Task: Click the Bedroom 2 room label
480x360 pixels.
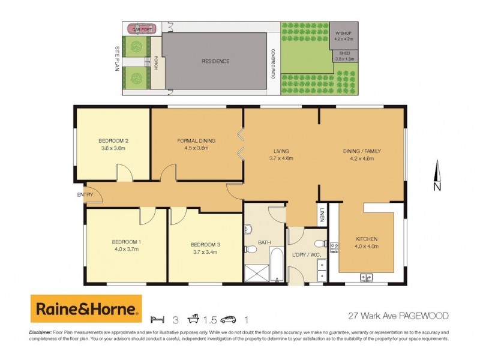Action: (114, 141)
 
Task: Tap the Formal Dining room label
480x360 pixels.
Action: (196, 141)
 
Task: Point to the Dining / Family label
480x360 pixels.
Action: (361, 151)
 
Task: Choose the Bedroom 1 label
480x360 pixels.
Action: (125, 242)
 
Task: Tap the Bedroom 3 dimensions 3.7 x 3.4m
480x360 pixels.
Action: (205, 252)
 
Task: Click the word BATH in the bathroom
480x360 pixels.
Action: (265, 242)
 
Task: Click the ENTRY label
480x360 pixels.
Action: (85, 195)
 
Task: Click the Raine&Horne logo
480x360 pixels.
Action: (86, 308)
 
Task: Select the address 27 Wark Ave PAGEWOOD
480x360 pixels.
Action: (398, 315)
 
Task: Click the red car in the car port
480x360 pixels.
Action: (142, 28)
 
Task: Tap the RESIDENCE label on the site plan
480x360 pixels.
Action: (215, 61)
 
